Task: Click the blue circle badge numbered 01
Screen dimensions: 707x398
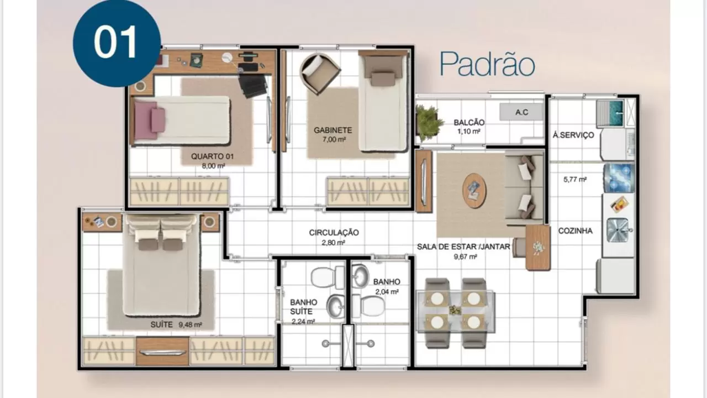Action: pyautogui.click(x=117, y=43)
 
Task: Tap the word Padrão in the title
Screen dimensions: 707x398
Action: pyautogui.click(x=487, y=64)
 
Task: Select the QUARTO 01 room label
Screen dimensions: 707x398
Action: pyautogui.click(x=213, y=156)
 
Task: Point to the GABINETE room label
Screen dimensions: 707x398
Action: pyautogui.click(x=333, y=130)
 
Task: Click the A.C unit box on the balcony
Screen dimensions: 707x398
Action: pyautogui.click(x=521, y=112)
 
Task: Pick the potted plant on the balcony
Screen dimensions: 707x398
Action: pyautogui.click(x=428, y=123)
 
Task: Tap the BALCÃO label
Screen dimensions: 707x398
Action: pyautogui.click(x=469, y=122)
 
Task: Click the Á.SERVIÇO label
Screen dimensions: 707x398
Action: pyautogui.click(x=573, y=135)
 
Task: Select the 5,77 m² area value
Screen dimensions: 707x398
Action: pyautogui.click(x=575, y=180)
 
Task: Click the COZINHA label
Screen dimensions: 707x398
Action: pyautogui.click(x=575, y=231)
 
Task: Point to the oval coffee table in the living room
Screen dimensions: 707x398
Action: pyautogui.click(x=474, y=191)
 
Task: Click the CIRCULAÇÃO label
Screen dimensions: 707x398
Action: pyautogui.click(x=334, y=233)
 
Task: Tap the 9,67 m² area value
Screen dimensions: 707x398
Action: pyautogui.click(x=465, y=257)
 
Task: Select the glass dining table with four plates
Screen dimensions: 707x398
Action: pyautogui.click(x=456, y=311)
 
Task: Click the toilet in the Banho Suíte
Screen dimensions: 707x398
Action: pyautogui.click(x=328, y=277)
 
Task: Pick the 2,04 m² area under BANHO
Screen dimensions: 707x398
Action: pyautogui.click(x=387, y=292)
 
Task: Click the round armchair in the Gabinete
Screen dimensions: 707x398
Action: pyautogui.click(x=320, y=74)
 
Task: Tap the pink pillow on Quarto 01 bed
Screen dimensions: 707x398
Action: pyautogui.click(x=158, y=120)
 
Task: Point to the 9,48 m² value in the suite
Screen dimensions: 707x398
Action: pyautogui.click(x=190, y=324)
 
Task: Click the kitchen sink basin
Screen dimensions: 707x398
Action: pyautogui.click(x=618, y=231)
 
